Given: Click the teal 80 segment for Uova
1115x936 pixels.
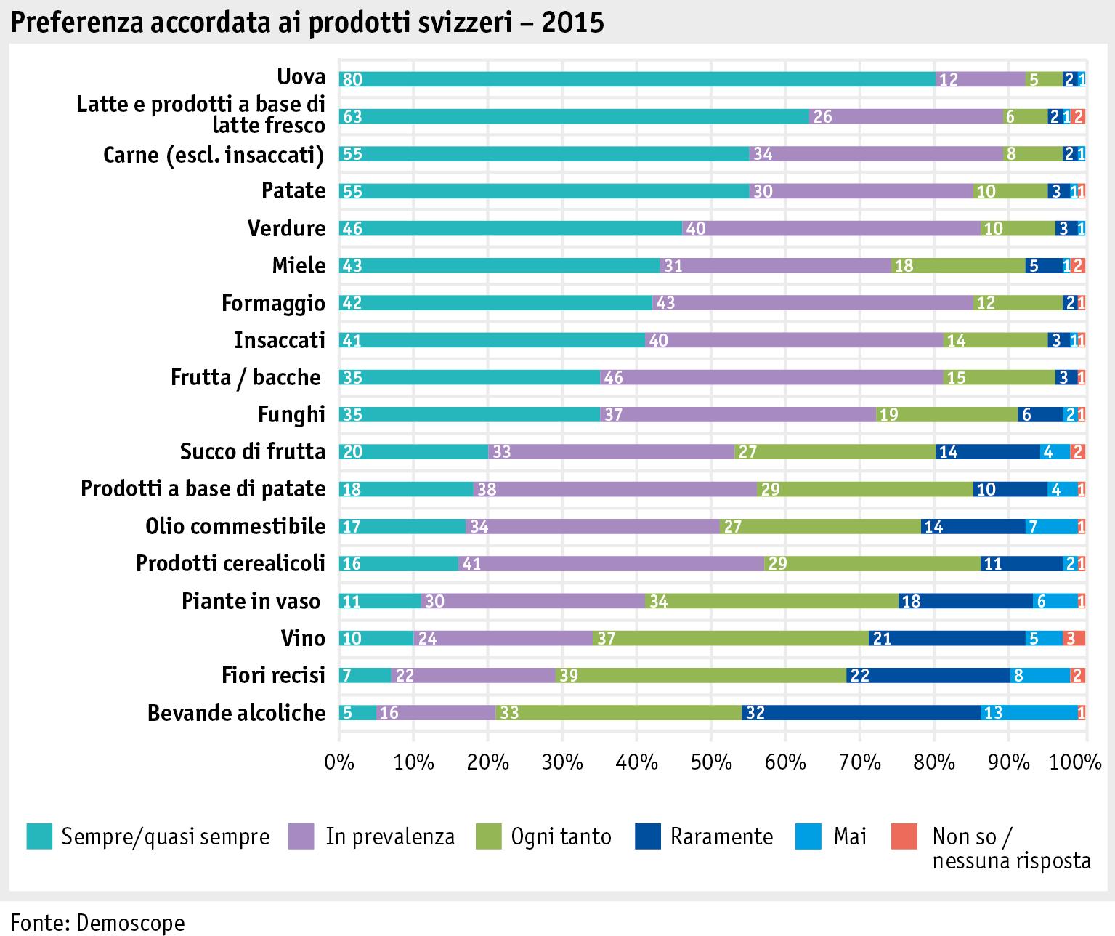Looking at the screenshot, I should (637, 79).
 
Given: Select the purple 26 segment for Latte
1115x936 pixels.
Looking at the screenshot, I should (906, 116).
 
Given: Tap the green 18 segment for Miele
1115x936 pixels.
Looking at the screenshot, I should (958, 265).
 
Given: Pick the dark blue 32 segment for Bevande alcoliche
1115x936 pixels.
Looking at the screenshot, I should (861, 712).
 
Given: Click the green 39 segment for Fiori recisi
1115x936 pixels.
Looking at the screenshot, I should (701, 675).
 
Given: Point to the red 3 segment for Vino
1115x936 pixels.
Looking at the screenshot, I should (1074, 638).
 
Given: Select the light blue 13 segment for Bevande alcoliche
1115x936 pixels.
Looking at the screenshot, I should (1029, 712).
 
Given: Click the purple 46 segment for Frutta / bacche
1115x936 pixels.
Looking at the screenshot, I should (771, 377).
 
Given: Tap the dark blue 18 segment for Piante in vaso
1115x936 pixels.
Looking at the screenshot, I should (965, 601).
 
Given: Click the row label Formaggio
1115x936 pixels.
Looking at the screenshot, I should (273, 303).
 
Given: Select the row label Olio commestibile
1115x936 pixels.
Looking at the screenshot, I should (235, 526).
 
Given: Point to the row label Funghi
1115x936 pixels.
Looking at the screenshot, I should (291, 414).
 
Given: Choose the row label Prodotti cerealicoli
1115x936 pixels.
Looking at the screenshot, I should (230, 563).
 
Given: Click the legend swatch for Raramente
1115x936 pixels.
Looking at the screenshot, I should (647, 836).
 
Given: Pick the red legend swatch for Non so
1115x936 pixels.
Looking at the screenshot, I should (904, 836).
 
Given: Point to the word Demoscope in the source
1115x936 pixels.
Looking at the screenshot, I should (130, 922).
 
